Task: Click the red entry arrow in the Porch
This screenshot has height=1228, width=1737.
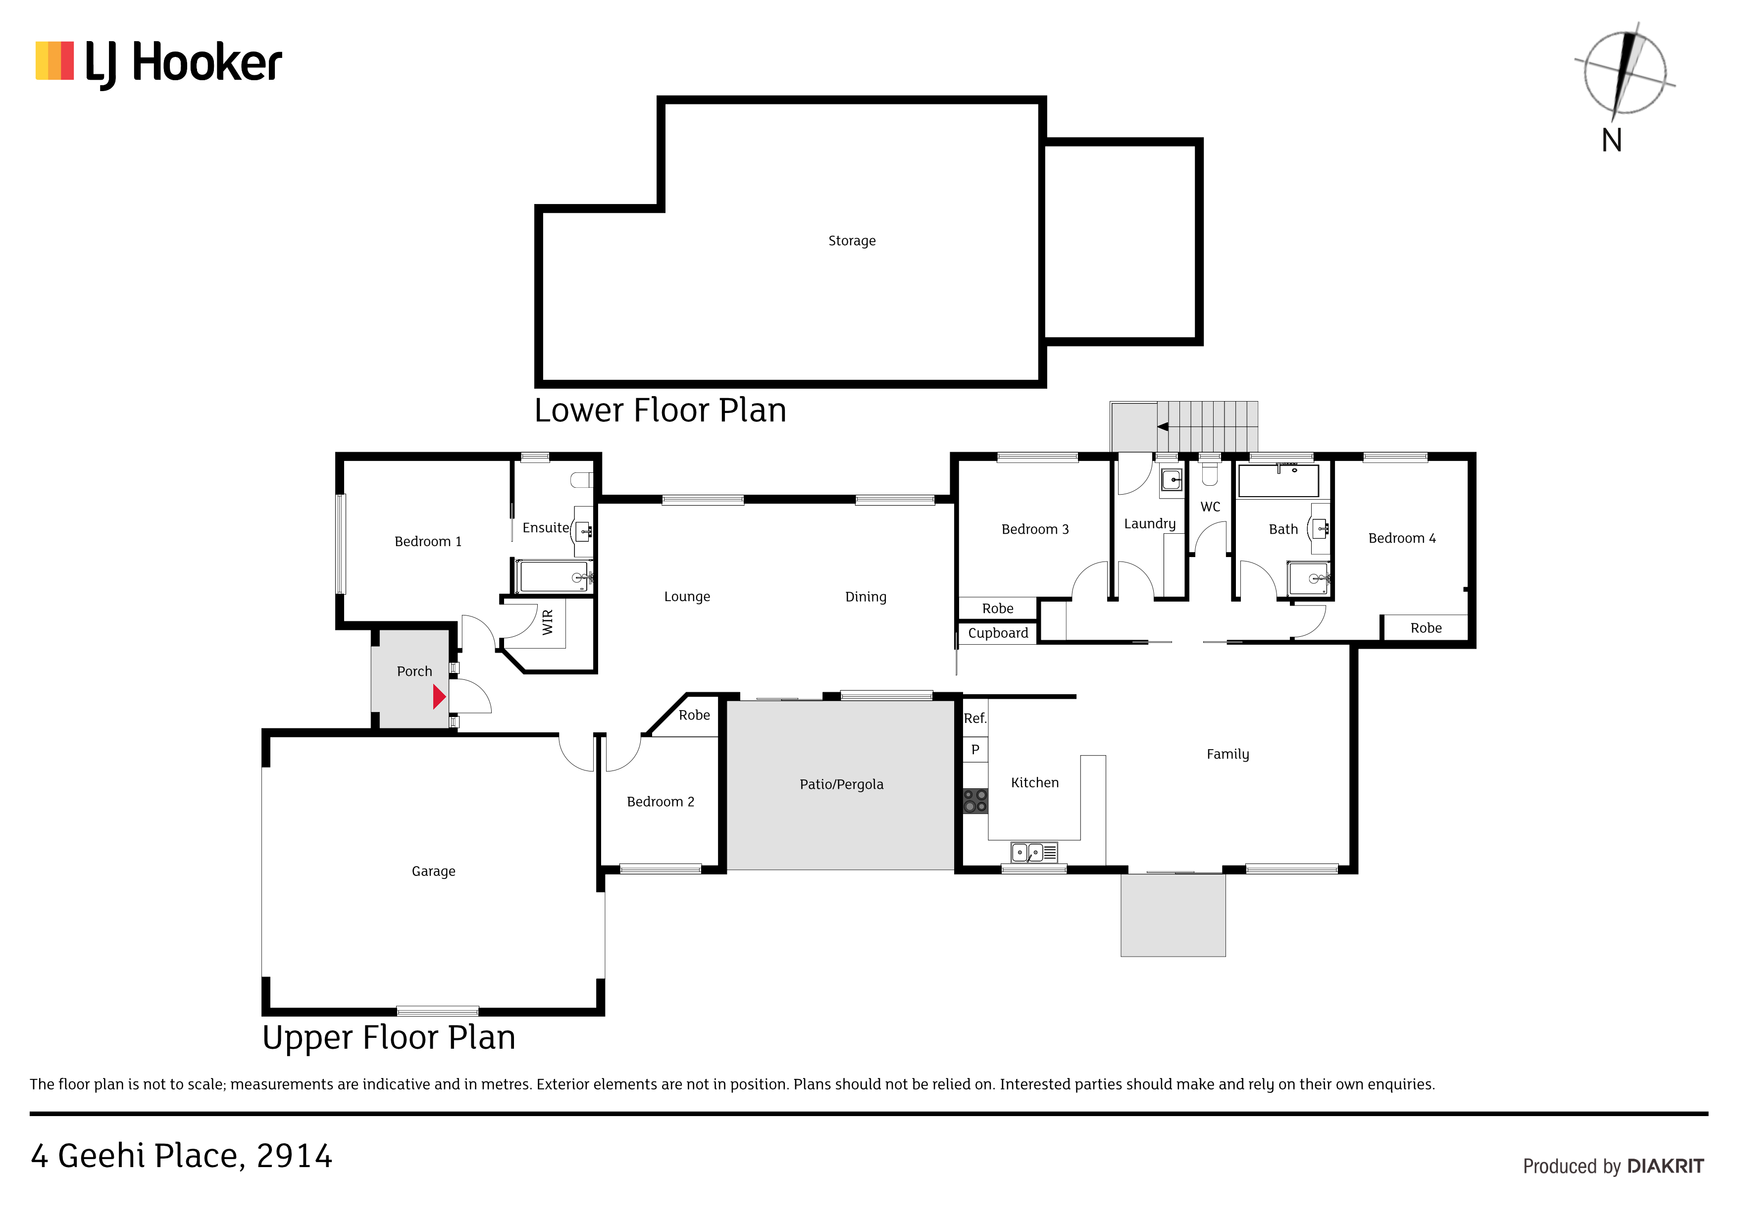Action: pos(439,697)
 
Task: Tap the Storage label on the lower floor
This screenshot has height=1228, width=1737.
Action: pos(852,241)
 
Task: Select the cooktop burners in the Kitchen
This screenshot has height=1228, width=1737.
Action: pos(975,801)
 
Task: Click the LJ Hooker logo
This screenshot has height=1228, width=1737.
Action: pos(159,63)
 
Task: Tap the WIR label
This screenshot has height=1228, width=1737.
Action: pos(548,622)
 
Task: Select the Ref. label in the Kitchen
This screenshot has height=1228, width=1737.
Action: pos(975,718)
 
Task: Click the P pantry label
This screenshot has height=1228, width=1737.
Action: pos(975,749)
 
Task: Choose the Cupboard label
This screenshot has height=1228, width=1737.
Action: pos(998,633)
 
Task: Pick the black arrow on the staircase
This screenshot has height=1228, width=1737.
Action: pos(1163,427)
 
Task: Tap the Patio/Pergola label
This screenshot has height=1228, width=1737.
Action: pos(841,785)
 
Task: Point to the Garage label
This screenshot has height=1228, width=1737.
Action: pos(433,871)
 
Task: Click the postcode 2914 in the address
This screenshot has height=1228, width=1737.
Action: pos(294,1156)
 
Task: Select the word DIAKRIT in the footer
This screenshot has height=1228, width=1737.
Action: pos(1665,1166)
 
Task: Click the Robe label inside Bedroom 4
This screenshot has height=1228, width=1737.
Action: pos(1426,628)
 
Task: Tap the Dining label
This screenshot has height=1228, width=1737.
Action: pos(866,597)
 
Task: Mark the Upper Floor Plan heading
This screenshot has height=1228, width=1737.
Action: pos(389,1038)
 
